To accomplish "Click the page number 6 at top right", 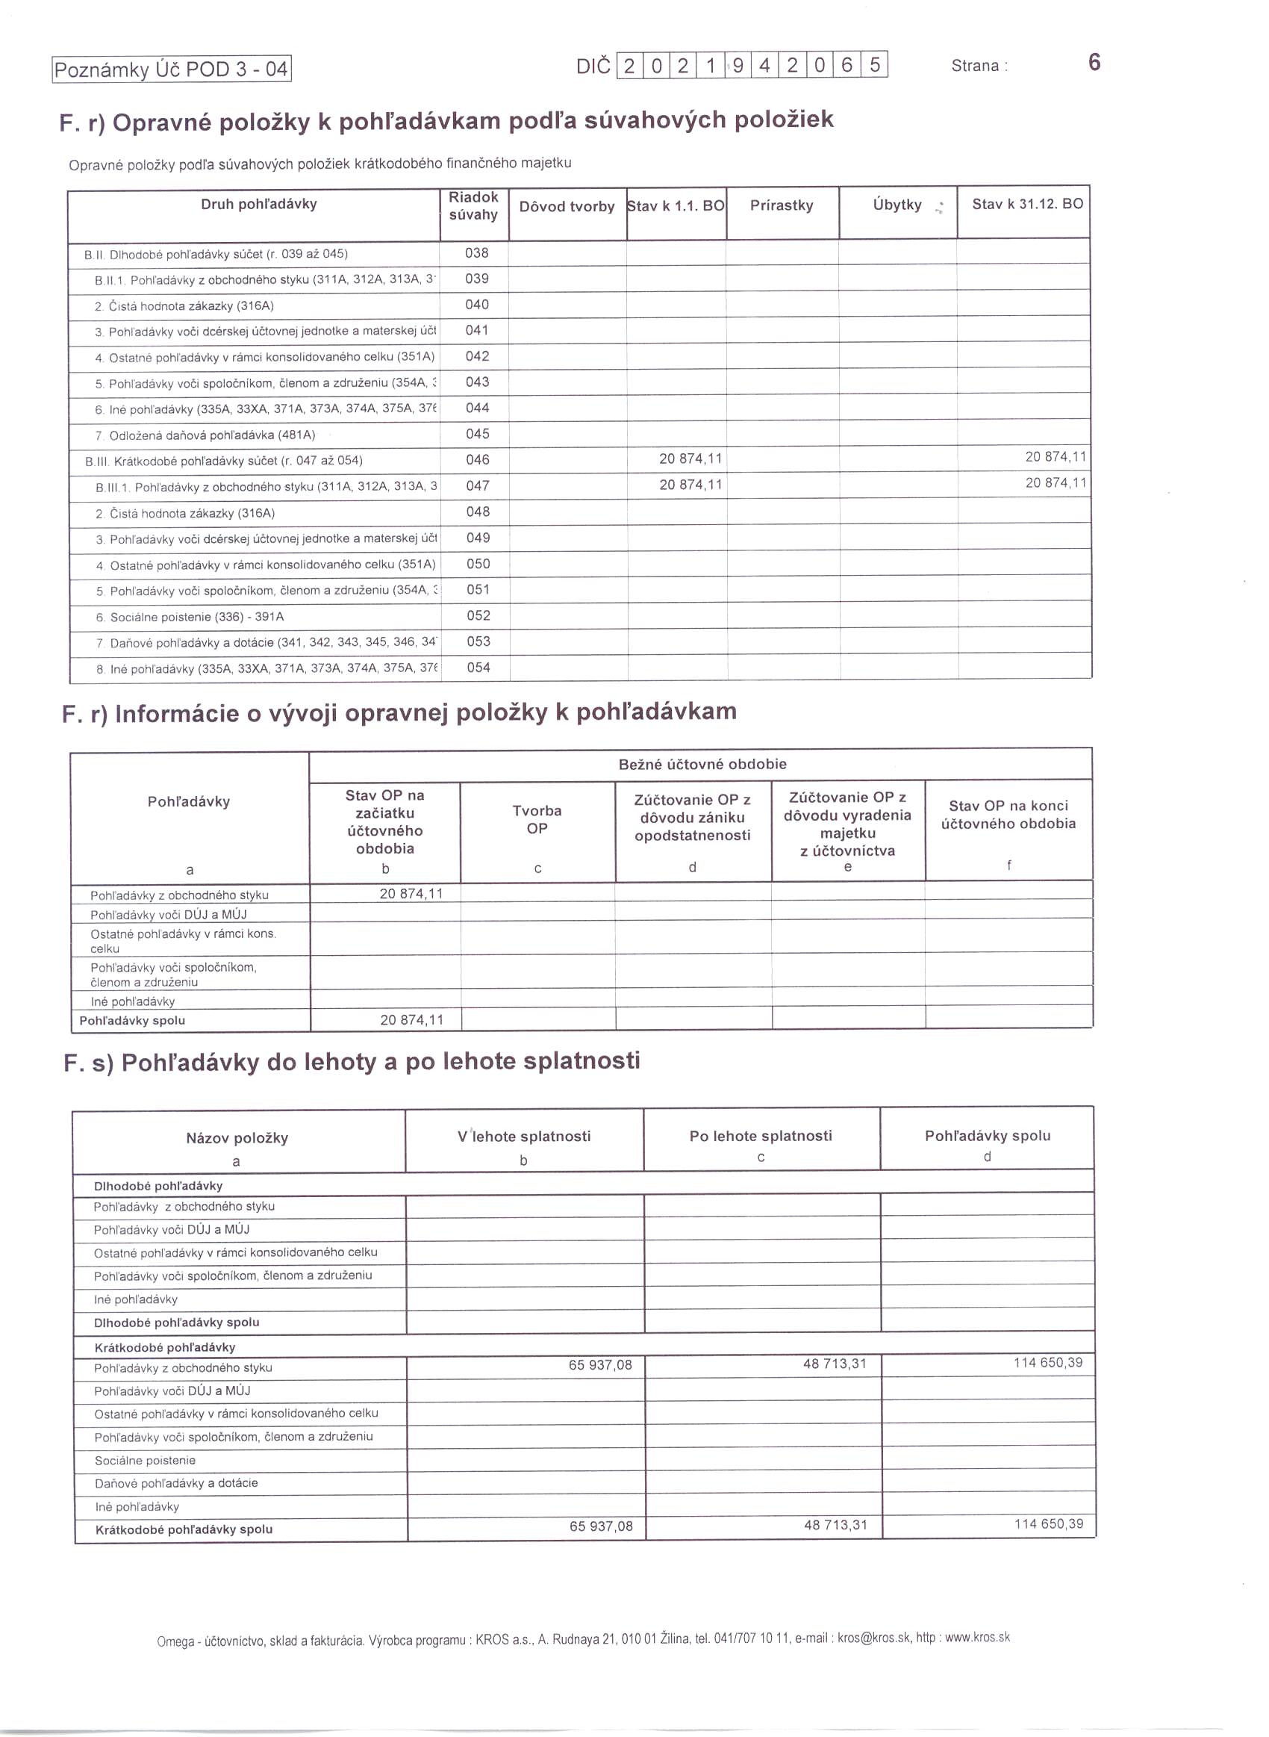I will pos(1094,62).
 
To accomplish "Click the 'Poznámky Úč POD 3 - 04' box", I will pos(171,70).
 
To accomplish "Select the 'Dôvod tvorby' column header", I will pos(567,207).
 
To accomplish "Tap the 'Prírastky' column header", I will pos(782,205).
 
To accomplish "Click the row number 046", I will pos(477,459).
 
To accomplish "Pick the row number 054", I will pos(478,668).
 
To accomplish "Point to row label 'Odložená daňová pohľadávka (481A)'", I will pos(212,435).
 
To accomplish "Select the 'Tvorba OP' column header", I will pos(537,819).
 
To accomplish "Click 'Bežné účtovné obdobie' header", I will pos(702,764).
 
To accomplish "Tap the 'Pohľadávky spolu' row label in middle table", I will pos(132,1020).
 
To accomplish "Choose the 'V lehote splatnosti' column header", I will pos(524,1137).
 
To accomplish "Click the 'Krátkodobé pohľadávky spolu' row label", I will pos(184,1529).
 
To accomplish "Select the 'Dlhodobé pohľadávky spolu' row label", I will pos(177,1322).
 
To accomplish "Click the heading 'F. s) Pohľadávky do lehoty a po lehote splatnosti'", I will pos(352,1062).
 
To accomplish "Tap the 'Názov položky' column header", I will pos(237,1138).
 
